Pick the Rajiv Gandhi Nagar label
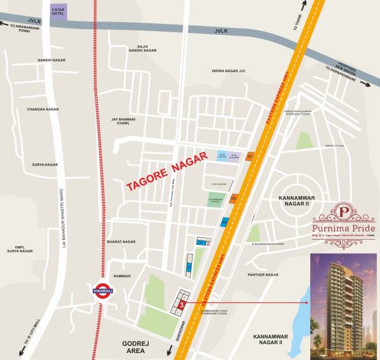(x=142, y=50)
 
